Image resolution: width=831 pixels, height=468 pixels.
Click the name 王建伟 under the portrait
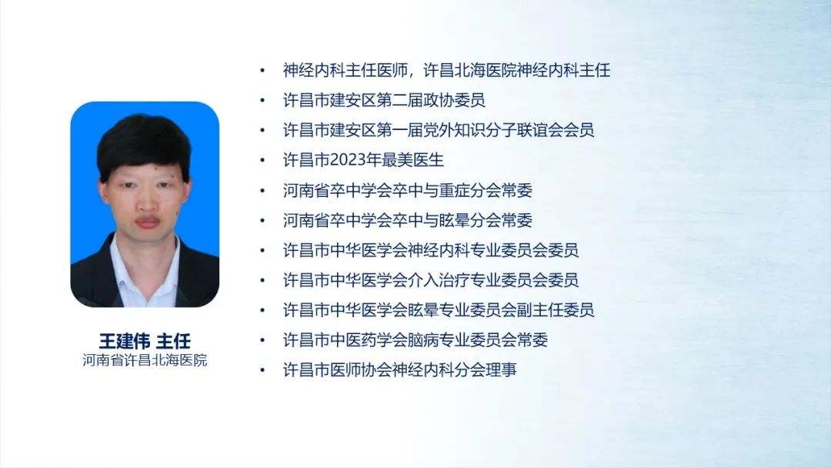tap(125, 341)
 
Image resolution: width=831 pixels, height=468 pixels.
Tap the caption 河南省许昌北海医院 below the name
tap(145, 360)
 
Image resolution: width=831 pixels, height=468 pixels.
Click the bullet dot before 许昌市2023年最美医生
tap(262, 160)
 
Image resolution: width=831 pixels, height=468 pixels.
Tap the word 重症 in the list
tap(454, 190)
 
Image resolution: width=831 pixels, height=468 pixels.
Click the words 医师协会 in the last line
tap(361, 370)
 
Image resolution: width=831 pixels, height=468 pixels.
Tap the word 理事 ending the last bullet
tap(502, 370)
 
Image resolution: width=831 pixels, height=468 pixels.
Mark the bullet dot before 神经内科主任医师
tap(262, 71)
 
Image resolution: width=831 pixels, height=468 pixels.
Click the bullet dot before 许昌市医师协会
tap(262, 370)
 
